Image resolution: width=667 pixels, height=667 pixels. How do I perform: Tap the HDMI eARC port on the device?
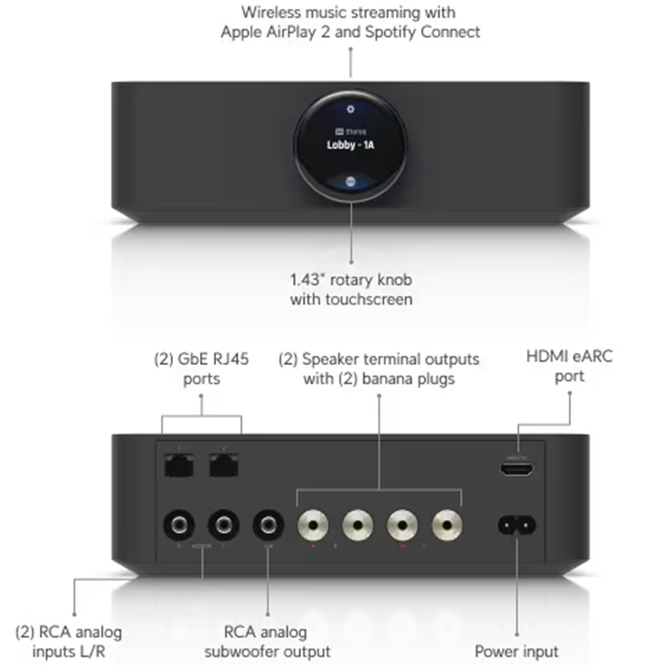pyautogui.click(x=516, y=469)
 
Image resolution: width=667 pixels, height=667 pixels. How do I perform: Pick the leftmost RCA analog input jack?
pyautogui.click(x=179, y=525)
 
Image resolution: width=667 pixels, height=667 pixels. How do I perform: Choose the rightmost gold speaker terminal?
pyautogui.click(x=447, y=526)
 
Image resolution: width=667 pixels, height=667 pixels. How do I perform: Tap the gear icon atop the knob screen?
pyautogui.click(x=350, y=110)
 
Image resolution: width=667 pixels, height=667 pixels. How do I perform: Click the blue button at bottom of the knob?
pyautogui.click(x=350, y=179)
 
